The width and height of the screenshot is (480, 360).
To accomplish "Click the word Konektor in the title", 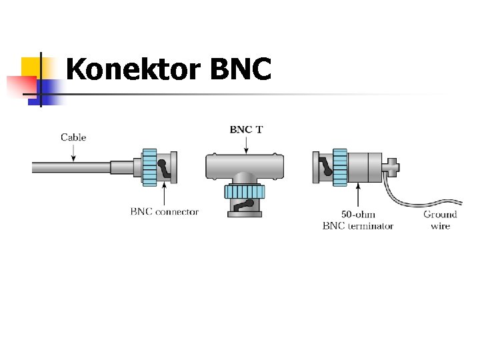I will click(134, 69).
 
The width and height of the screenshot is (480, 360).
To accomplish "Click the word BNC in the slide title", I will click(240, 69).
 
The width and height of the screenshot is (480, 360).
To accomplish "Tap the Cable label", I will click(73, 137).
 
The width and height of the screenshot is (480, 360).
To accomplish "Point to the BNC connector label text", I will click(164, 212).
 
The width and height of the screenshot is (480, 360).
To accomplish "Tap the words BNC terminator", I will click(357, 226).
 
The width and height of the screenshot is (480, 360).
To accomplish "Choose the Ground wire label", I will click(440, 220).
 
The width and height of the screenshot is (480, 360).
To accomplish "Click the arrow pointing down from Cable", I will click(73, 152).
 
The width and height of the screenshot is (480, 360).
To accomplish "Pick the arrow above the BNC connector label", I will click(164, 195).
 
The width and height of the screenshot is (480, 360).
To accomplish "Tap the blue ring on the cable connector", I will click(149, 166).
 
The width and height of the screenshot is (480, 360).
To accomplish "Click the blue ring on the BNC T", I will click(245, 193).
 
